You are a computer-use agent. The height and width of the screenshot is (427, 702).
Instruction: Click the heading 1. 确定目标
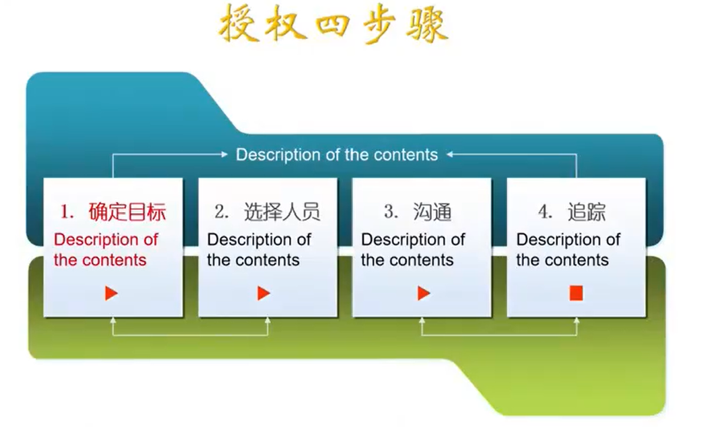point(113,212)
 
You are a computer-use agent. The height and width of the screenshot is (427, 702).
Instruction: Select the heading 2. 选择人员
point(267,212)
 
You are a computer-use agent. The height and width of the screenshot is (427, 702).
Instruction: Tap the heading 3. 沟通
point(418,212)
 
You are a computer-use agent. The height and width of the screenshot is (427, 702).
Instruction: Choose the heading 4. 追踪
point(572,212)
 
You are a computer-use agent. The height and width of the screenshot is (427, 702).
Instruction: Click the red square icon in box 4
point(576,293)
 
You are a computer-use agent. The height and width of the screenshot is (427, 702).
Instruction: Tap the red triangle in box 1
point(111,293)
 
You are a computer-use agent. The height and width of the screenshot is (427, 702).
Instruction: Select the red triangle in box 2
point(264,293)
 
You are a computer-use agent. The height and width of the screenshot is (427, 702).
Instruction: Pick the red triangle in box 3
point(423,293)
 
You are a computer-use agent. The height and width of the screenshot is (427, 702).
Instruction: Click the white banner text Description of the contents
point(337,155)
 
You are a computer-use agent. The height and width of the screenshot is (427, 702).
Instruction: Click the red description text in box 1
point(105,249)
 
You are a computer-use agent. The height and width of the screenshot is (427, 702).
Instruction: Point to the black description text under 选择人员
point(259,249)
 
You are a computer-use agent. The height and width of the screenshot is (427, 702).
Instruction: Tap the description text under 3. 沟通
point(413,249)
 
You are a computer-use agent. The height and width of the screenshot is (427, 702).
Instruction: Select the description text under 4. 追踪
point(568,249)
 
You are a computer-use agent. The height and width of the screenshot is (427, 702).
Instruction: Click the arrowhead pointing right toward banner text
point(225,154)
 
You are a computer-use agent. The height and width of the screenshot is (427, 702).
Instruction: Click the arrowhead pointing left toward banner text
point(449,154)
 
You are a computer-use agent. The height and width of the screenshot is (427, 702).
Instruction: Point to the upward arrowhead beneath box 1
point(113,320)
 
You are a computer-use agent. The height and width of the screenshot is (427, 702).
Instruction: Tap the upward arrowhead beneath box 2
point(268,320)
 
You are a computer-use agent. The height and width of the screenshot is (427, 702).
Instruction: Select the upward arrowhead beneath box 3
point(422,320)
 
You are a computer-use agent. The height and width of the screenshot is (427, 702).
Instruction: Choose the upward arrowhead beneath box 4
point(577,320)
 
